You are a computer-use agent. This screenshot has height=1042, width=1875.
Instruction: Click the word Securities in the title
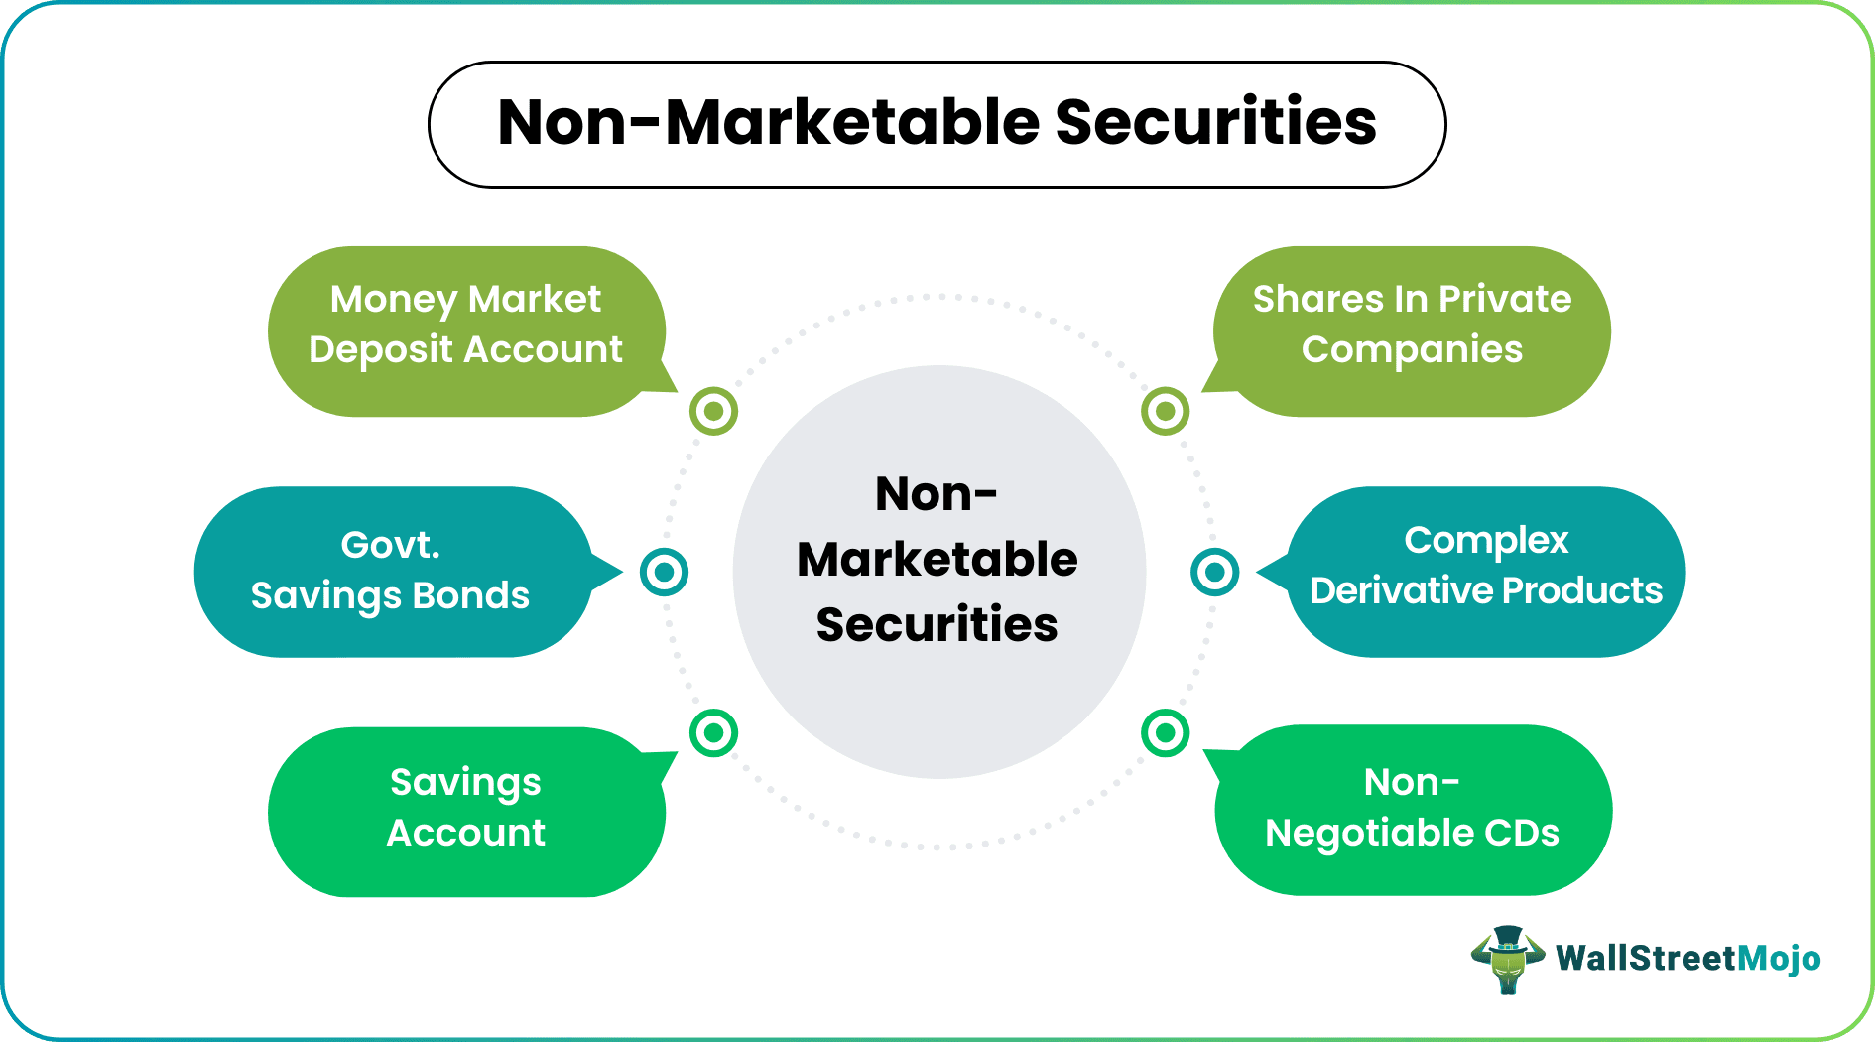(1215, 123)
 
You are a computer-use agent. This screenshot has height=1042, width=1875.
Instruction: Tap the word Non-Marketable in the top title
(769, 123)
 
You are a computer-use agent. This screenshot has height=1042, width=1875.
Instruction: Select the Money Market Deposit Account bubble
(465, 330)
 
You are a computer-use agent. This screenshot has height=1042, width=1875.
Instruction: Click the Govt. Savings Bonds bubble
(391, 571)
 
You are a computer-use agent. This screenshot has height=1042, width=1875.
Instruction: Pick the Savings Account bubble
(465, 811)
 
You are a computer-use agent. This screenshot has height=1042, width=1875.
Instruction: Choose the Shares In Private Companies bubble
(1412, 330)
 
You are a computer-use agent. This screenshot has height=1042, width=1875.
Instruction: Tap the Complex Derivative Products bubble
(1485, 571)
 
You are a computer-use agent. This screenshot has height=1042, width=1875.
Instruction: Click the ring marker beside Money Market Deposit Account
(713, 411)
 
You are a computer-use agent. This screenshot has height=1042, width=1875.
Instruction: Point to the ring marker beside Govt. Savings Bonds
(664, 572)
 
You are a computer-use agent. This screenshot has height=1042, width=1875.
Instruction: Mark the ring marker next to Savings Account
(713, 733)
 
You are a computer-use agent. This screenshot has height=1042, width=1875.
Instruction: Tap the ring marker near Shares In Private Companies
(1165, 411)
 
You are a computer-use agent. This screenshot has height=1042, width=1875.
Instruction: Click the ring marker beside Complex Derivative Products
(1214, 572)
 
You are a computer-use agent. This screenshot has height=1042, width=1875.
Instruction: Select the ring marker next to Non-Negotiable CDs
(1165, 733)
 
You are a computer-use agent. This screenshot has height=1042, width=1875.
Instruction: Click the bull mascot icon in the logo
(1508, 959)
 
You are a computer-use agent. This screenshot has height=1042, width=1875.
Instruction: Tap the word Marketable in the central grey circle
(937, 560)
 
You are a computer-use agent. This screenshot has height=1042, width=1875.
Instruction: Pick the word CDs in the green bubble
(1521, 833)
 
